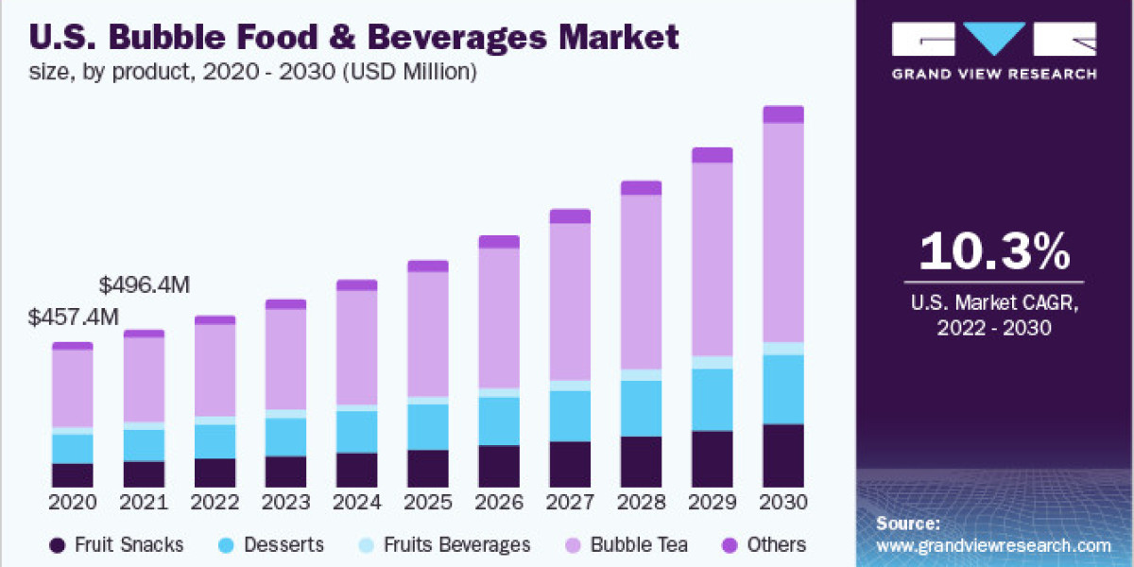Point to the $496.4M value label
(145, 284)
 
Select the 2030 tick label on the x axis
(783, 501)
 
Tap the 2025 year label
(428, 501)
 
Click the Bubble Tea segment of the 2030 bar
(783, 232)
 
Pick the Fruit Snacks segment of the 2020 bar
(72, 476)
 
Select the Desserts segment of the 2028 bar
(641, 408)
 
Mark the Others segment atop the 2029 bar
(713, 155)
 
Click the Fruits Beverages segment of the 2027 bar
(570, 386)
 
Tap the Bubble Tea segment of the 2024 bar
(357, 347)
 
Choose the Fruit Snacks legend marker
(58, 545)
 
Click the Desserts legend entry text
(283, 545)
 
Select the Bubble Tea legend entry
(639, 545)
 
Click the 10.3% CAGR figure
(994, 252)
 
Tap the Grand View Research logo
(994, 52)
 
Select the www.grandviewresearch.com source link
(993, 545)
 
